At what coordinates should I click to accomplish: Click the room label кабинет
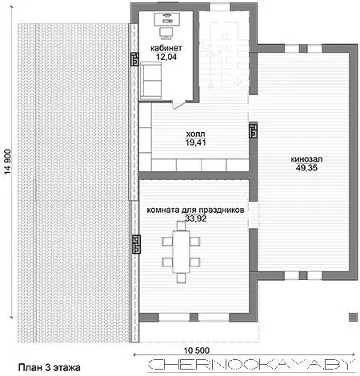click(166, 48)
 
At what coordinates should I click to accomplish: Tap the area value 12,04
click(166, 57)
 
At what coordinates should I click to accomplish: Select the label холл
click(195, 134)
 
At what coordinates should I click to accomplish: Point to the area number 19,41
click(195, 142)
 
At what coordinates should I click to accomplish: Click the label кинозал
click(306, 159)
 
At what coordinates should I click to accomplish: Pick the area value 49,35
click(306, 168)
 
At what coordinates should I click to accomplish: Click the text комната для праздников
click(195, 210)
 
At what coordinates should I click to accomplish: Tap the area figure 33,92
click(196, 218)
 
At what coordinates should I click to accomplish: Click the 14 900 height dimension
click(8, 162)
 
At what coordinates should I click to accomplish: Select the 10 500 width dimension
click(197, 350)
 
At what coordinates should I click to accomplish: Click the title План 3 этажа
click(50, 367)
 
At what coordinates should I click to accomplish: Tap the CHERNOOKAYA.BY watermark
click(252, 365)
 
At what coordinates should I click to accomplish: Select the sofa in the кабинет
click(150, 81)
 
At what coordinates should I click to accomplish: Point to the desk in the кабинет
click(166, 18)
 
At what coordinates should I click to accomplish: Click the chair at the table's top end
click(181, 226)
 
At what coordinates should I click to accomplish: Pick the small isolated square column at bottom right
click(353, 317)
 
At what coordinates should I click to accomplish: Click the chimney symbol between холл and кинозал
click(253, 130)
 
